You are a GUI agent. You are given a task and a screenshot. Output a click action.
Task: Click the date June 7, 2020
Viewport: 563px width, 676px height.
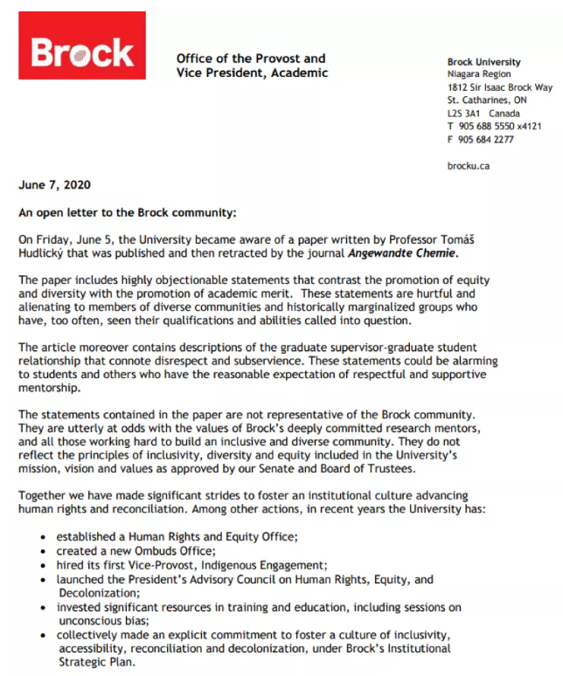pyautogui.click(x=54, y=185)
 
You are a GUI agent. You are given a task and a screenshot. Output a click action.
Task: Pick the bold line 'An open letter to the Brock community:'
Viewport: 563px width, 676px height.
pyautogui.click(x=128, y=213)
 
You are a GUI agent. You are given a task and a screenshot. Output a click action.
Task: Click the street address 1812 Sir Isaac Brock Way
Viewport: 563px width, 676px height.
pyautogui.click(x=499, y=88)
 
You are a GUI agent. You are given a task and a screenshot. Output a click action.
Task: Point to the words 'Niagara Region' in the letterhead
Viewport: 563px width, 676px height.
pyautogui.click(x=476, y=75)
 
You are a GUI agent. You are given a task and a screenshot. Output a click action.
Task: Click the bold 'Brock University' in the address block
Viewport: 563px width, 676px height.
pyautogui.click(x=483, y=62)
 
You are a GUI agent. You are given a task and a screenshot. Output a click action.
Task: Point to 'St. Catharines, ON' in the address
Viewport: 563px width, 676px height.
pyautogui.click(x=486, y=100)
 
